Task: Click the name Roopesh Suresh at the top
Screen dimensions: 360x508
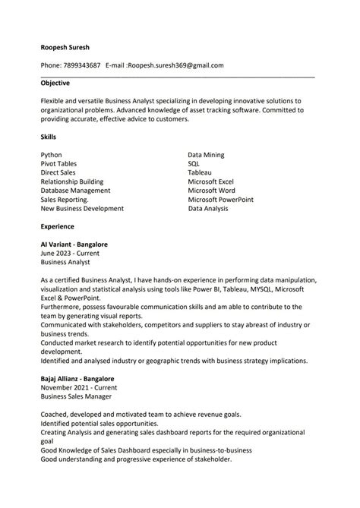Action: [67, 47]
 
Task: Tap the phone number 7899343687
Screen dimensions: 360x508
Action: [82, 65]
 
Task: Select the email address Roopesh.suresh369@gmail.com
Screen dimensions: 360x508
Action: [175, 65]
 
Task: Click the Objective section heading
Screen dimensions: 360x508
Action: [55, 83]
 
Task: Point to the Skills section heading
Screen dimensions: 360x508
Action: [48, 137]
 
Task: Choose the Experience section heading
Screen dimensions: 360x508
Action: [58, 226]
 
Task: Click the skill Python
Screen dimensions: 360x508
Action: [52, 155]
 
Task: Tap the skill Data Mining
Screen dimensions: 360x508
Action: [206, 155]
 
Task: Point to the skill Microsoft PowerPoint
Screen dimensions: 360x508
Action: [220, 200]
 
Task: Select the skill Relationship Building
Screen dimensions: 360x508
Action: [72, 181]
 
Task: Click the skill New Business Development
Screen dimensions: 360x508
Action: [82, 208]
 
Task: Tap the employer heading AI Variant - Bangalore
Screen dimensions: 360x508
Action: [74, 245]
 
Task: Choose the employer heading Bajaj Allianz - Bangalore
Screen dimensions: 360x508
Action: [77, 378]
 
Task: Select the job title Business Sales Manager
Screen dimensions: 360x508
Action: [76, 396]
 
